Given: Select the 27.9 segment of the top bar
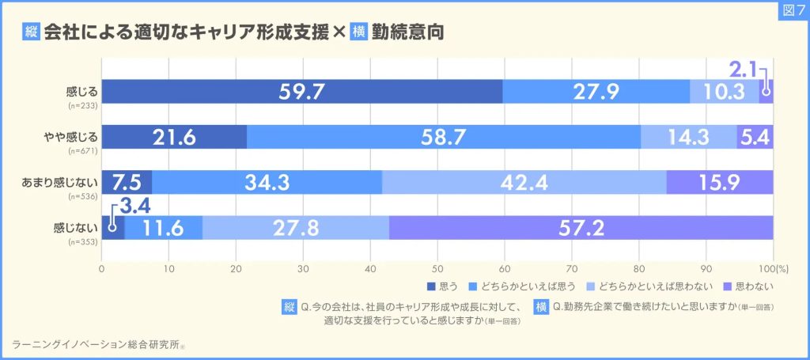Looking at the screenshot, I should point(596,92).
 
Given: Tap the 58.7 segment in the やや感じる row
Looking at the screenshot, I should point(443,137).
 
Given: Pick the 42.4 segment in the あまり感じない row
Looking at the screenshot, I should point(524,183).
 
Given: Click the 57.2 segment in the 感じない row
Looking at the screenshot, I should point(581,228).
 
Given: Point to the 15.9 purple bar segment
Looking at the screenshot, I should point(719,183).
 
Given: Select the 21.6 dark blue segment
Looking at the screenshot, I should point(174,137).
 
